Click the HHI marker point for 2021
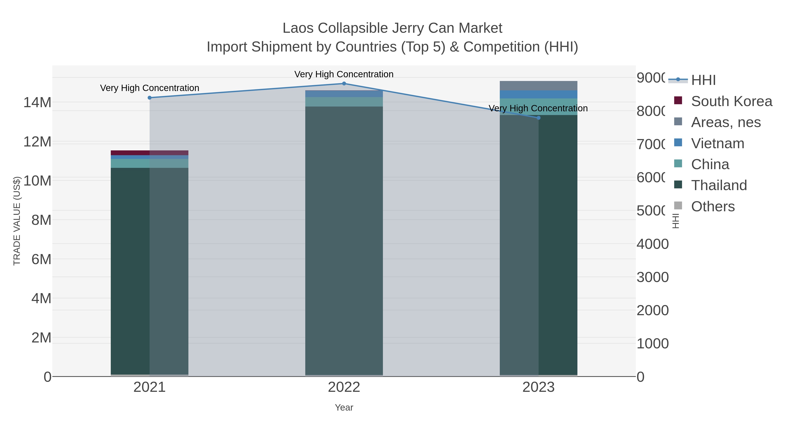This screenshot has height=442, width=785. click(149, 98)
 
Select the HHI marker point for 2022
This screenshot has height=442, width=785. click(344, 83)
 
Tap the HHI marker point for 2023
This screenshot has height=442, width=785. click(538, 118)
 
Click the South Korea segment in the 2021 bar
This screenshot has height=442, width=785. click(149, 153)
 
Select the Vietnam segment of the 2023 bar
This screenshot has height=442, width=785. click(538, 94)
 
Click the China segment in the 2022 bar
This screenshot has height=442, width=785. click(344, 101)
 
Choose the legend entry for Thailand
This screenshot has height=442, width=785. click(718, 185)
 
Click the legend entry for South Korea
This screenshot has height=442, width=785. click(731, 101)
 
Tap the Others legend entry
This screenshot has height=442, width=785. click(712, 206)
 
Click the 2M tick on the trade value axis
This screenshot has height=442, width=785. click(41, 338)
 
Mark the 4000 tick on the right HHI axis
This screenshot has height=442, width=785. click(652, 244)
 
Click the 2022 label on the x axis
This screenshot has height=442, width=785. click(344, 387)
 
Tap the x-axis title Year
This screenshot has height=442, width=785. click(344, 407)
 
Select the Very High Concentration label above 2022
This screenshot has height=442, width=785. click(344, 74)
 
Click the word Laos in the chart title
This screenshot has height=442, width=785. click(298, 28)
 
